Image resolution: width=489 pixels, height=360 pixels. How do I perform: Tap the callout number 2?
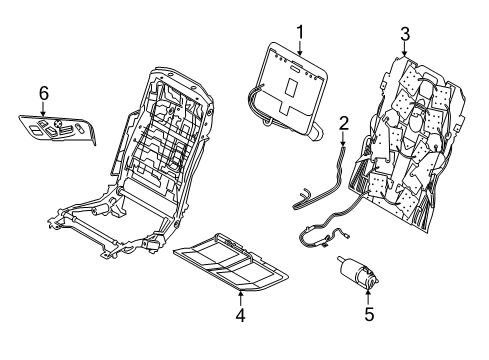click(x=343, y=123)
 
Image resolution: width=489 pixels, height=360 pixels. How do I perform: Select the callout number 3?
click(x=404, y=35)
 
